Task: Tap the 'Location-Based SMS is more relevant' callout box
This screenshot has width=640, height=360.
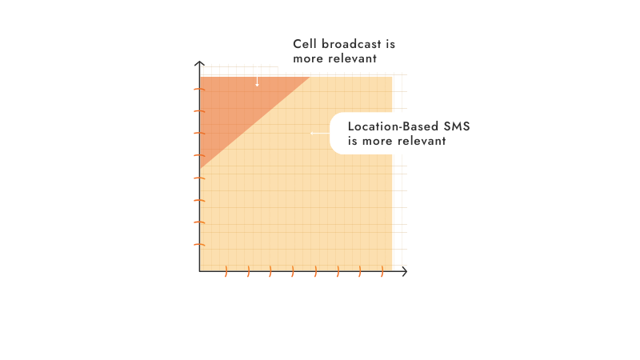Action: [x=407, y=133]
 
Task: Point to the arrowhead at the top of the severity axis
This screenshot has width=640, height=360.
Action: [x=199, y=66]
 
